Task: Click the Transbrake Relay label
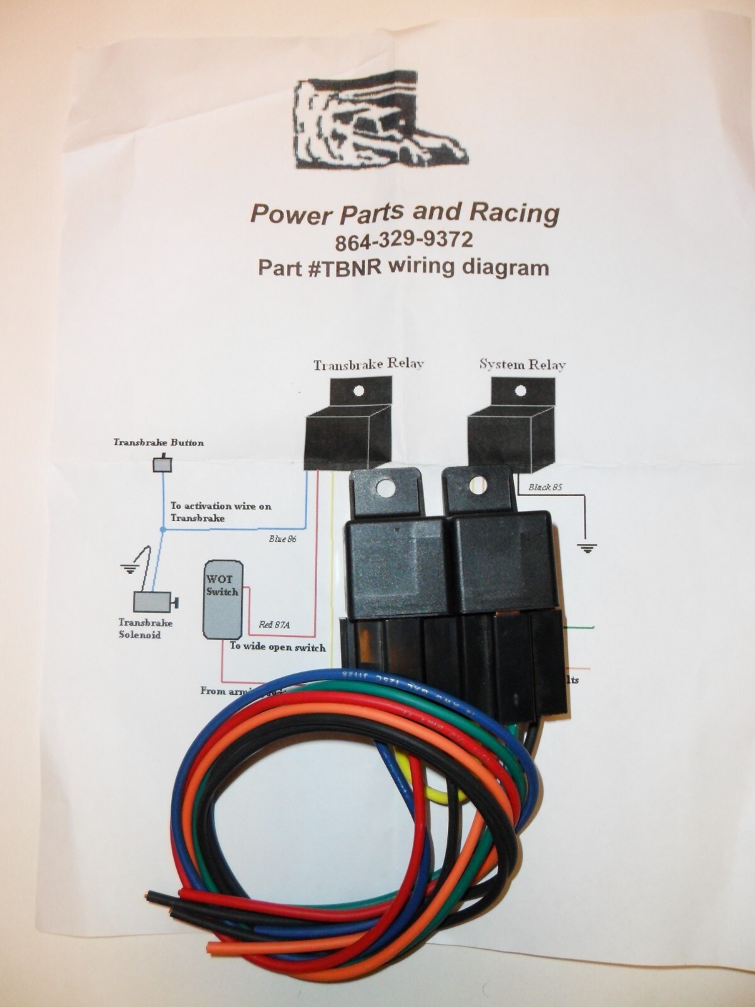coord(369,364)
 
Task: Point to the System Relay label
coord(522,364)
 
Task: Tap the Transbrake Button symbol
coord(163,464)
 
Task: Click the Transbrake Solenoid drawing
coord(155,602)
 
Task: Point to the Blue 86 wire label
coord(282,539)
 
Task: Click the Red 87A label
coord(278,626)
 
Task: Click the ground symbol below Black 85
coord(588,548)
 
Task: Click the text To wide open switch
coord(277,647)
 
